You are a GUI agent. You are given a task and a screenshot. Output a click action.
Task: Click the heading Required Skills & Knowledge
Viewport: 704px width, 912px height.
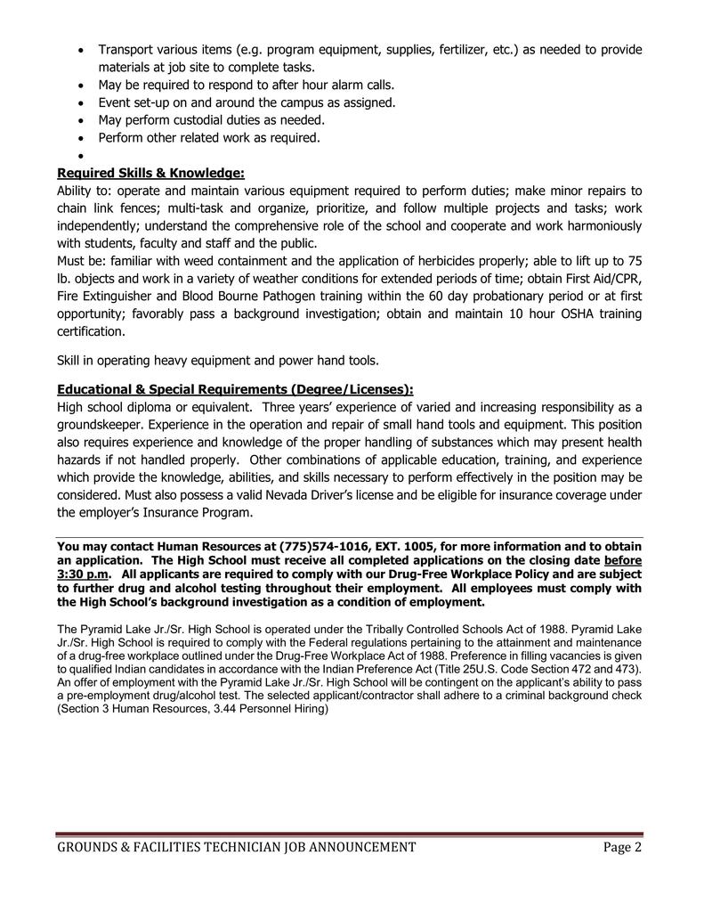click(x=150, y=173)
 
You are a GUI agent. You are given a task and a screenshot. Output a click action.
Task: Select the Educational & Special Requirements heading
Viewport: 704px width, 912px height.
click(x=235, y=389)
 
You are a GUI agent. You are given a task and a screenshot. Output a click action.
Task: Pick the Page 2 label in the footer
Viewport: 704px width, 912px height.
click(x=622, y=847)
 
